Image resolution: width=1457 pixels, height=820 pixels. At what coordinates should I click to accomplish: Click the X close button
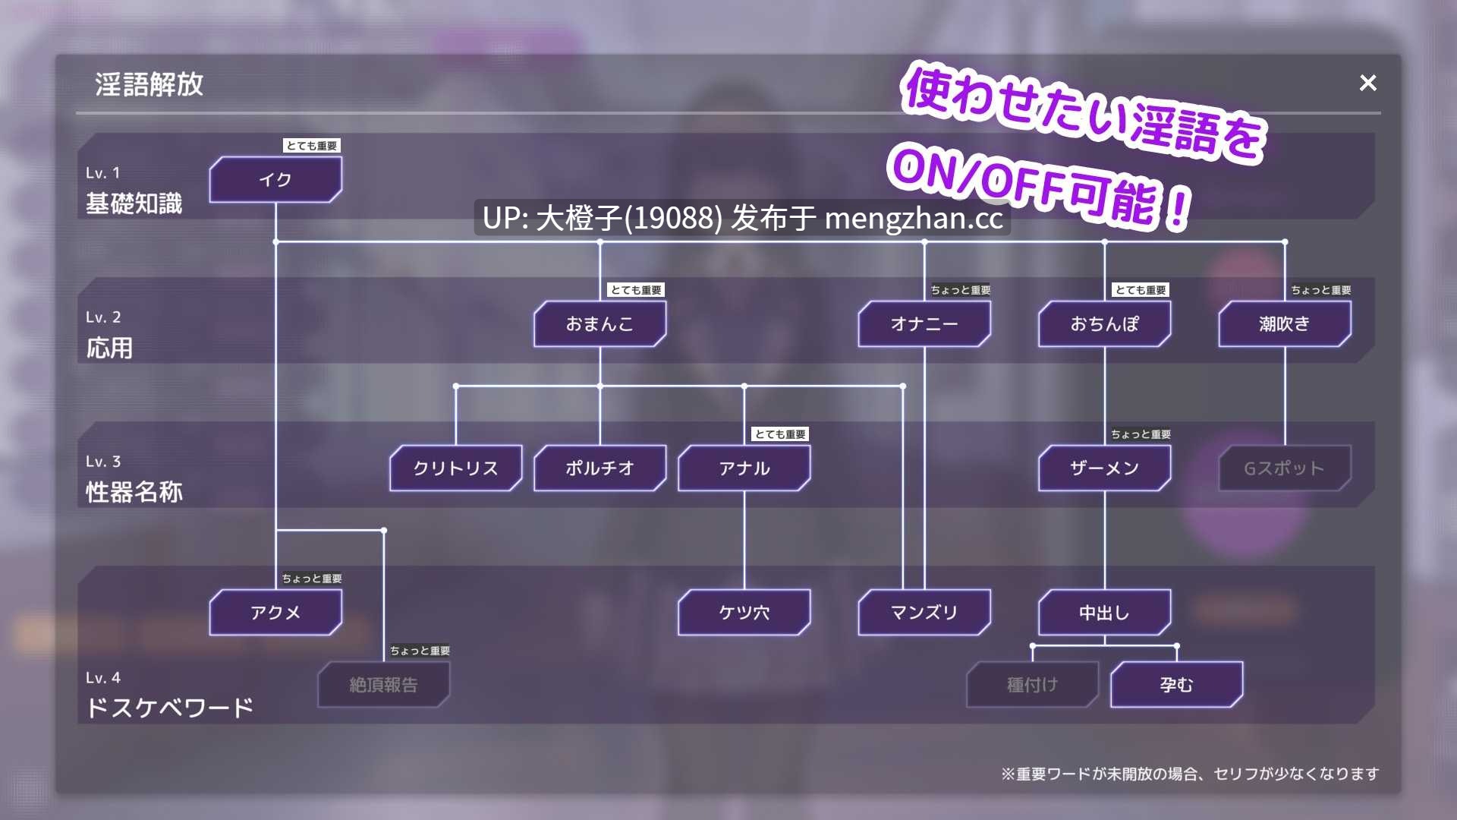point(1367,83)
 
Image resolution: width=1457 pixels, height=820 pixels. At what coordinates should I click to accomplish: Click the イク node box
point(275,180)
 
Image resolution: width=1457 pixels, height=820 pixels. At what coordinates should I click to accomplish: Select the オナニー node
point(924,324)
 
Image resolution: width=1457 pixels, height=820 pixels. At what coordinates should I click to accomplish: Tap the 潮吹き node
point(1285,324)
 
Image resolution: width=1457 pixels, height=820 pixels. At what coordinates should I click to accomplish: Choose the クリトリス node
point(456,468)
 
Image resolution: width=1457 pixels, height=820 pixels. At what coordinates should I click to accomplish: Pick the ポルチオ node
point(600,468)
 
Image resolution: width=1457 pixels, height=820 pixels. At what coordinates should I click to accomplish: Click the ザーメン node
point(1105,468)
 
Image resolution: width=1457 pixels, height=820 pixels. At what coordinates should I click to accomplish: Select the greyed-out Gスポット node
point(1285,468)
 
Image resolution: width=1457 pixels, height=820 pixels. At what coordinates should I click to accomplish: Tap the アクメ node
point(275,613)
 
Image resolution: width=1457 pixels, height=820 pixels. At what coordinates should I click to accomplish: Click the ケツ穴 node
point(744,613)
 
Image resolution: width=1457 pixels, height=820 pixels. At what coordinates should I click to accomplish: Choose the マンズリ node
point(924,613)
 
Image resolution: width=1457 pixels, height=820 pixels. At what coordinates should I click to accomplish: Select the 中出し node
point(1105,613)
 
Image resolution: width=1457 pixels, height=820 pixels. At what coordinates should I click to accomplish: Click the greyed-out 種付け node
point(1033,685)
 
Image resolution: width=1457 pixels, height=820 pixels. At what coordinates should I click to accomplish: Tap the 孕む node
point(1177,685)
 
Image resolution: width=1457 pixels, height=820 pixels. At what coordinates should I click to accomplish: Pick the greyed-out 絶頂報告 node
point(384,685)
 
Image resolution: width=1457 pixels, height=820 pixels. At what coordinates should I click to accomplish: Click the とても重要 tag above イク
point(312,146)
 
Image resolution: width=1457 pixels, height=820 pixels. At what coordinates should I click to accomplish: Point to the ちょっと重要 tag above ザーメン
point(1141,434)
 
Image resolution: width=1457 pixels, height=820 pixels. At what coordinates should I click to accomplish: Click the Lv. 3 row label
point(103,462)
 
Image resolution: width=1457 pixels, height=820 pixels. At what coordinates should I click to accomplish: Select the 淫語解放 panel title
point(149,84)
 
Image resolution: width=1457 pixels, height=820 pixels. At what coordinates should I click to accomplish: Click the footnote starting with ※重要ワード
point(1190,774)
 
